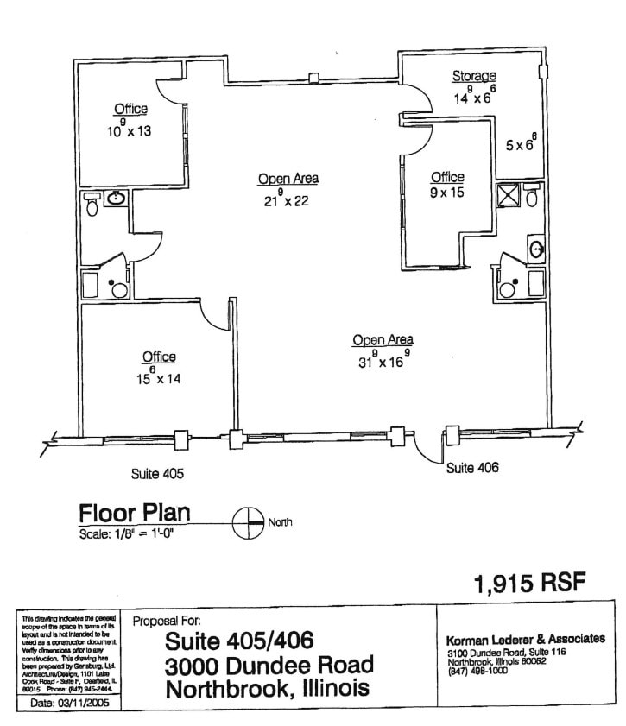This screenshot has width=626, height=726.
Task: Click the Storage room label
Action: pos(474,77)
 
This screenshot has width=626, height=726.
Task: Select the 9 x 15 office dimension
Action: pos(447,193)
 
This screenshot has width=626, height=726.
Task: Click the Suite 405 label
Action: pos(157,474)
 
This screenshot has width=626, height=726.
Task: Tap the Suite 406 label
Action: pos(472,468)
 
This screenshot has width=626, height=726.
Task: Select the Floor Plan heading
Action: pos(134,513)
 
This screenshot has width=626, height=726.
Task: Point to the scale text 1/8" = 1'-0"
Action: pos(133,533)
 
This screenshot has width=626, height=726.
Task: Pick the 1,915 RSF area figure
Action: pos(529,584)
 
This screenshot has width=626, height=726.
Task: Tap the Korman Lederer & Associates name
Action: pos(524,639)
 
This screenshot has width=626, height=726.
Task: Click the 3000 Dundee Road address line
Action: pos(269,666)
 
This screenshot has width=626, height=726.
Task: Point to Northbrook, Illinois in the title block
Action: pos(268,690)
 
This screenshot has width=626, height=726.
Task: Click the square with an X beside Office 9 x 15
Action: pos(507,196)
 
